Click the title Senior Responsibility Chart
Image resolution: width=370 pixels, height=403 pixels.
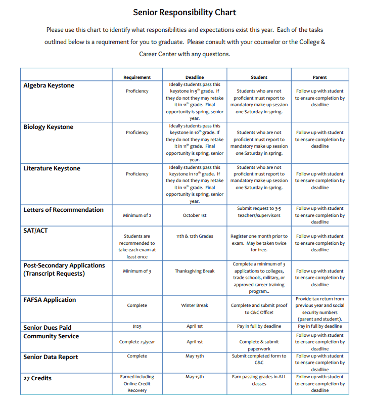[x=184, y=13]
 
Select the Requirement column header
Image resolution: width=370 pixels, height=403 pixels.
[x=137, y=77]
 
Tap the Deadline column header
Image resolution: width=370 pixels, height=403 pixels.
[x=195, y=77]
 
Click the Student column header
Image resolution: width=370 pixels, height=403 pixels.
[x=259, y=77]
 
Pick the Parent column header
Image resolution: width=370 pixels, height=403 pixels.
[x=319, y=77]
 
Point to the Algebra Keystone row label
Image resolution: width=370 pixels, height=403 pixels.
[x=49, y=85]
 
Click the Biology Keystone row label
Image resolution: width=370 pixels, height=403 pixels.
[x=48, y=127]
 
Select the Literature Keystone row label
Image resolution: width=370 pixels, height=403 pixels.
[x=52, y=168]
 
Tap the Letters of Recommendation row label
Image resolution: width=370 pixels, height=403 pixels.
[x=63, y=210]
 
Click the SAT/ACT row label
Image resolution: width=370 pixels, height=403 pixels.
[x=35, y=231]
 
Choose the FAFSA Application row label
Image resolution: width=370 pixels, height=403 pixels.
[x=50, y=300]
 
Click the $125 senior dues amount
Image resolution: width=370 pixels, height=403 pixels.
[x=137, y=327]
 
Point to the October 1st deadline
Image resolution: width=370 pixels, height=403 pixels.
[x=195, y=215]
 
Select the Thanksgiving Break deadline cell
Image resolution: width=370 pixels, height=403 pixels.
[x=195, y=271]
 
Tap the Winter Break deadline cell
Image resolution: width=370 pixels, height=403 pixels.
[x=195, y=305]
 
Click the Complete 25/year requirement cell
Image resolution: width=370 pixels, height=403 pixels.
[x=137, y=342]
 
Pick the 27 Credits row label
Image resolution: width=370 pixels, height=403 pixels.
[x=37, y=378]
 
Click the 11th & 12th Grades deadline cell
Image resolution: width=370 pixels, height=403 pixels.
[x=195, y=236]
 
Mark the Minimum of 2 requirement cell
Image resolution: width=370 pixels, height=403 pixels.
[x=137, y=215]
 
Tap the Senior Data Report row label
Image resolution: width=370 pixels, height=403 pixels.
[x=51, y=357]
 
